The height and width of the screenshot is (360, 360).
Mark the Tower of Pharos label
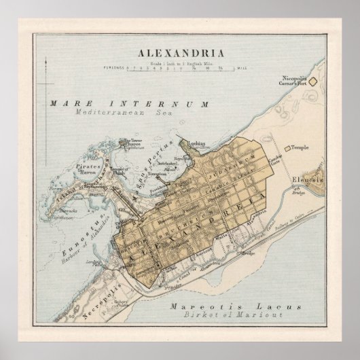(x=131, y=142)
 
